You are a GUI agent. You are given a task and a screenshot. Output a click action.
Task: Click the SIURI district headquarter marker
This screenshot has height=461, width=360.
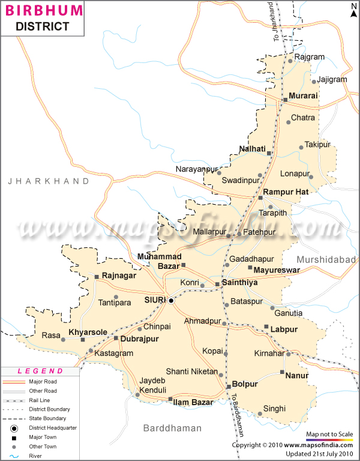tap(171, 300)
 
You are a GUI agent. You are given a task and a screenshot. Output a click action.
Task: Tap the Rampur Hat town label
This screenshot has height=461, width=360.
tap(286, 192)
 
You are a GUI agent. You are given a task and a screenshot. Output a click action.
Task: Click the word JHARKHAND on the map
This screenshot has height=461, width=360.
tap(49, 181)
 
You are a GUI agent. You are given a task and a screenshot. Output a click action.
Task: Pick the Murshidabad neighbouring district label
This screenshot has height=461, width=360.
tap(326, 259)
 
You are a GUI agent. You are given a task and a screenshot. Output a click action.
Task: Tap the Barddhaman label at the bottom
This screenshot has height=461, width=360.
tap(172, 428)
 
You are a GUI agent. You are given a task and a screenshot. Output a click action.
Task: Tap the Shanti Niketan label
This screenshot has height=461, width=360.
tap(191, 372)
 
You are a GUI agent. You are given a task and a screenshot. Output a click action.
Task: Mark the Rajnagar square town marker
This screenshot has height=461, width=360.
tap(97, 277)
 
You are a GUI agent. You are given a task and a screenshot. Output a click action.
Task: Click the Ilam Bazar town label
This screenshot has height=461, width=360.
tap(193, 402)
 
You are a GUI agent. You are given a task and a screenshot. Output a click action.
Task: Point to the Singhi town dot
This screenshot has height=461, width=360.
tap(259, 414)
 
